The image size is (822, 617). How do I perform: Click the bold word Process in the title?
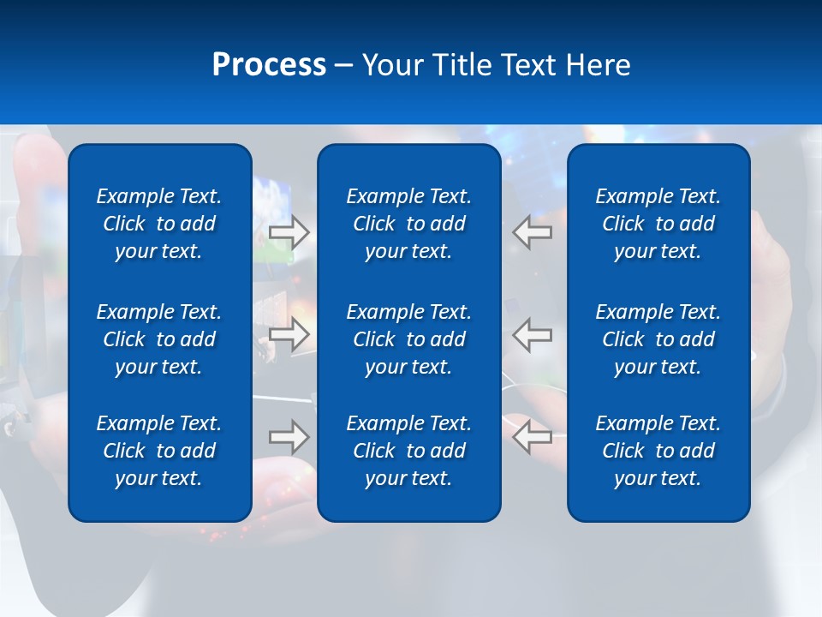[269, 65]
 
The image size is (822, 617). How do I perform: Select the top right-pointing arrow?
[289, 232]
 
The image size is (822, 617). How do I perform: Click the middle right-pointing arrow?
[289, 334]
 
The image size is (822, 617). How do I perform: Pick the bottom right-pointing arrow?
[289, 437]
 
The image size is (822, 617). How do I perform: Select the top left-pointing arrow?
[533, 232]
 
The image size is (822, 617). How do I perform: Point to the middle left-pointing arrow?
[533, 334]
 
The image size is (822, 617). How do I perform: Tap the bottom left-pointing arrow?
[533, 437]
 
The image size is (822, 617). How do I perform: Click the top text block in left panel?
[159, 224]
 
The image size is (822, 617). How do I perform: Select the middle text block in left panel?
[159, 339]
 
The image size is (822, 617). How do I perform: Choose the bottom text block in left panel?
[159, 451]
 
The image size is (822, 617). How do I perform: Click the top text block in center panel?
[408, 224]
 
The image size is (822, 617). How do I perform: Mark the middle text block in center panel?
[408, 339]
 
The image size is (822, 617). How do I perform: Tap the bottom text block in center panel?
[408, 451]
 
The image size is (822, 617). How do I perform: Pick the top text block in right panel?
[658, 224]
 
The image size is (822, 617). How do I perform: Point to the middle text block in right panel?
[658, 339]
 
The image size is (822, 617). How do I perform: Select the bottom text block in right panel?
[658, 451]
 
